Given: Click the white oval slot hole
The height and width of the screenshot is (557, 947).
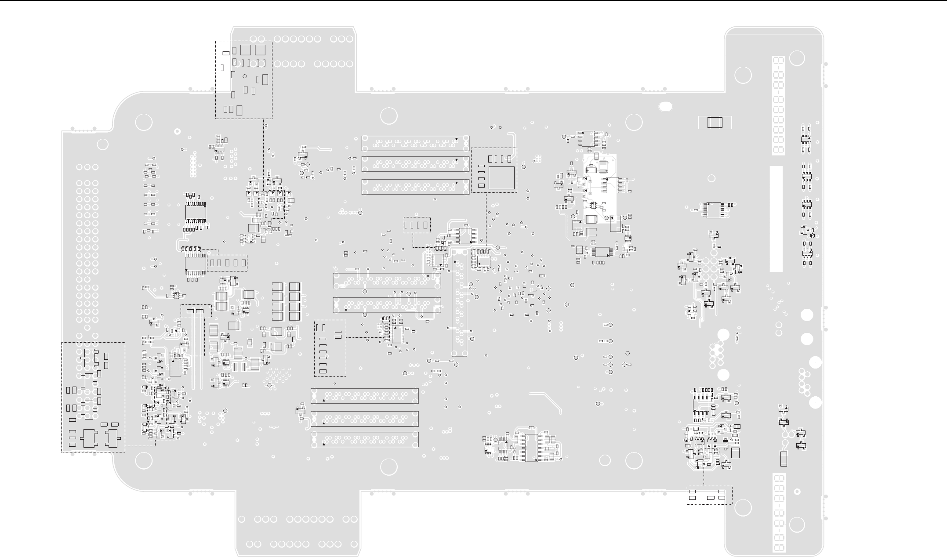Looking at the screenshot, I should (666, 106).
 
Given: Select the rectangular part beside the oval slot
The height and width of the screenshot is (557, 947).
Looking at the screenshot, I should (715, 123).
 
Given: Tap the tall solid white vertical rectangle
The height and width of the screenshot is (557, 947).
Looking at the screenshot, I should (776, 219).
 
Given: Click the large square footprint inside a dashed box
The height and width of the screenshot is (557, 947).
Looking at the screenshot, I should (501, 177).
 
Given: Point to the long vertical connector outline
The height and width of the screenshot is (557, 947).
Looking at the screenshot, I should (460, 302).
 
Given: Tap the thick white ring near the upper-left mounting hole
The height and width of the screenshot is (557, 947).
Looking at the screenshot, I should (177, 131).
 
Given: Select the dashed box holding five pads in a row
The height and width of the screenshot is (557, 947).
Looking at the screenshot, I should (227, 263).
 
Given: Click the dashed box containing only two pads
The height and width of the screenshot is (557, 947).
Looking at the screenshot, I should (196, 311).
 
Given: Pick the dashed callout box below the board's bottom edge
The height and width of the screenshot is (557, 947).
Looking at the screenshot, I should (709, 495).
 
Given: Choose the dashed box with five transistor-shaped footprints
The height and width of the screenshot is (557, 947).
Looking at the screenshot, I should (93, 397).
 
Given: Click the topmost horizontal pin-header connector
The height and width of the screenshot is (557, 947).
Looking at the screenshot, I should (415, 143).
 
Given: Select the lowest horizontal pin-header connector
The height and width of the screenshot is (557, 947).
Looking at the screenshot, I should (364, 439).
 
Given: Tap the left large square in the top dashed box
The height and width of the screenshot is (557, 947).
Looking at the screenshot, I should (245, 50).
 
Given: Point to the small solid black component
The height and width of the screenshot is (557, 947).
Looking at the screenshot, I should (725, 441).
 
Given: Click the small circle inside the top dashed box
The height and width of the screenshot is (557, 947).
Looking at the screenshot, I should (245, 76).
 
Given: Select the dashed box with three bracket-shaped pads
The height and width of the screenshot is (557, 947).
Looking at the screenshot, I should (417, 225).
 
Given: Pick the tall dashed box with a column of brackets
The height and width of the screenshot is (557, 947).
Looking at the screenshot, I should (330, 348).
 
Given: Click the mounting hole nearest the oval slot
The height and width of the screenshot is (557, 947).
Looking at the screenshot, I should (634, 123).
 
